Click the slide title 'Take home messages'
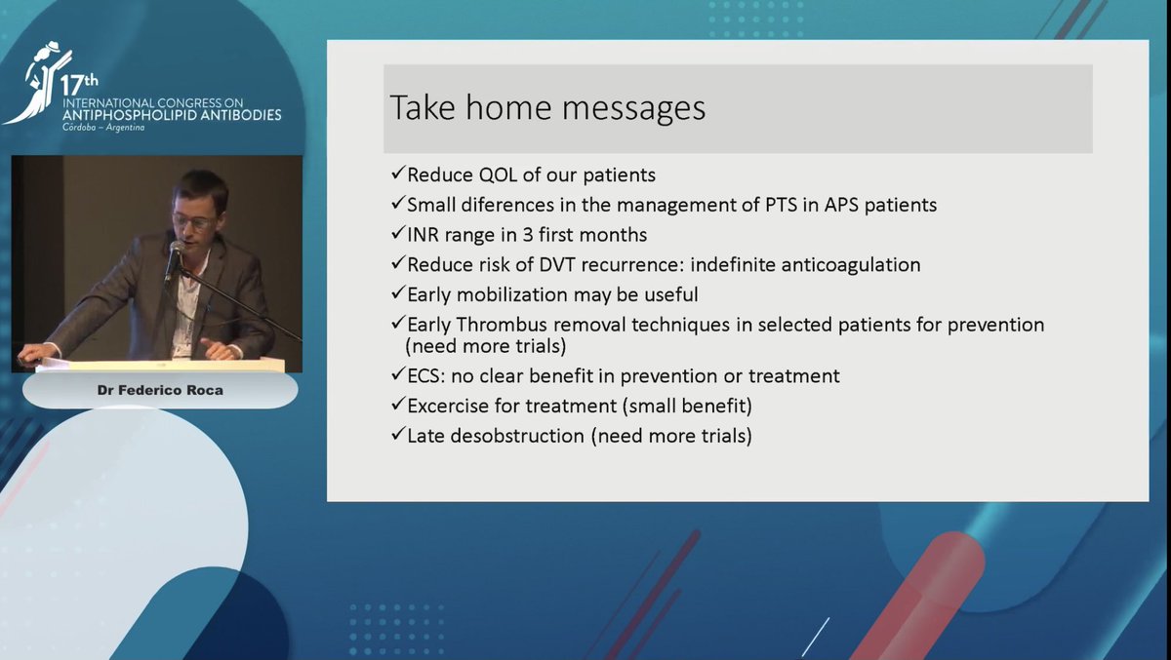pos(547,107)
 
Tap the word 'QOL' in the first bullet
pos(485,175)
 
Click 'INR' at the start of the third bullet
pos(425,235)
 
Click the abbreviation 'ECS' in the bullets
pos(425,376)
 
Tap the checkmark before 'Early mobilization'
pos(397,294)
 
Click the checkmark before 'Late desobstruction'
pos(397,436)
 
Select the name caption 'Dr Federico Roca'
pos(160,391)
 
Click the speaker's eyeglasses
pos(193,221)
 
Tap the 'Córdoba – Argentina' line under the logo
pos(102,128)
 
